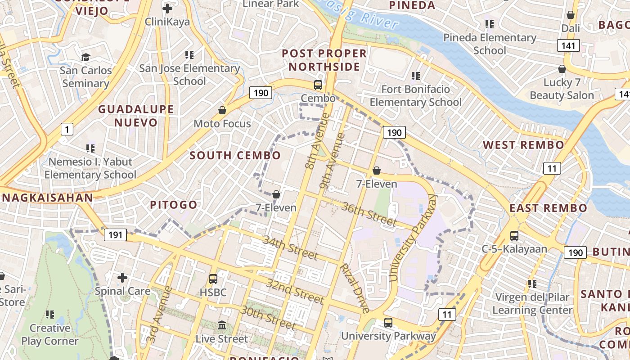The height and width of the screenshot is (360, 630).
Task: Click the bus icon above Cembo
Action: (318, 85)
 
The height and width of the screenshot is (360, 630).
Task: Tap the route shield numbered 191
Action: (115, 234)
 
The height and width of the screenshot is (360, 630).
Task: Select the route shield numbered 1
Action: (67, 130)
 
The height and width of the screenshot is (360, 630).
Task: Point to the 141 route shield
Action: (568, 45)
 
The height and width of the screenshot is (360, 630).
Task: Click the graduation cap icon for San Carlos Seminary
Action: (85, 57)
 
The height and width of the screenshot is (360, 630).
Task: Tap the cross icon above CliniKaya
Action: (167, 9)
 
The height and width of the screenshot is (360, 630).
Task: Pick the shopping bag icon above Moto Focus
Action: (222, 110)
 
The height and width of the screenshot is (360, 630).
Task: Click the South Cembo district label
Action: (235, 156)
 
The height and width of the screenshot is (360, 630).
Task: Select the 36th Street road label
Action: (369, 214)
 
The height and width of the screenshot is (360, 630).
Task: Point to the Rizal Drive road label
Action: (355, 288)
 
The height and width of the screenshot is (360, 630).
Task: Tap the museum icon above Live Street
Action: (222, 325)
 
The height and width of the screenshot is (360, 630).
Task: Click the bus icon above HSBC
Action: (213, 279)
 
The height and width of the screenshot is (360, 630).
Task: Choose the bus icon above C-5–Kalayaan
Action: (514, 235)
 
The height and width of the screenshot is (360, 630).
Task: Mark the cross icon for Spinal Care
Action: (122, 278)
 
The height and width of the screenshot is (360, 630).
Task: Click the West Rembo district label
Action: (523, 145)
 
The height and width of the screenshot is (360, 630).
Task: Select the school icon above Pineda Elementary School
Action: (489, 24)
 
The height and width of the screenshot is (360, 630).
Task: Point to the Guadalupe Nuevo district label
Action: (136, 116)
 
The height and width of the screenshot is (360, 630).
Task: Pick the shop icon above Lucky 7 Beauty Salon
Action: (562, 69)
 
